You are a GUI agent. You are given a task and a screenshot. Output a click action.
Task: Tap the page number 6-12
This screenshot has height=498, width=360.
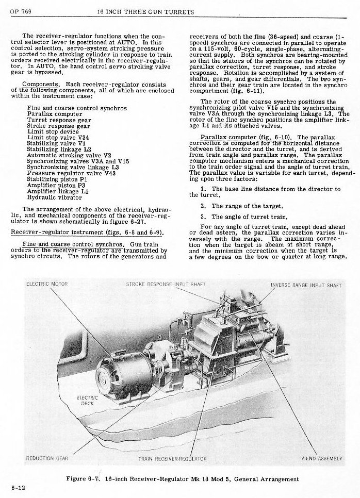[17, 487]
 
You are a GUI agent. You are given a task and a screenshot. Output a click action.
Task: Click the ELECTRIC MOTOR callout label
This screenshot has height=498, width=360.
[46, 284]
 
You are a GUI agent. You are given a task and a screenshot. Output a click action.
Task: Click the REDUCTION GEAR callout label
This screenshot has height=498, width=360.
[47, 458]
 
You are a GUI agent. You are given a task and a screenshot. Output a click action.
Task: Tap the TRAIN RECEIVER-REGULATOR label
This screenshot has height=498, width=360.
[173, 458]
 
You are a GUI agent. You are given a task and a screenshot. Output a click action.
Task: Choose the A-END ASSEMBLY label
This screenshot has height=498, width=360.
[321, 458]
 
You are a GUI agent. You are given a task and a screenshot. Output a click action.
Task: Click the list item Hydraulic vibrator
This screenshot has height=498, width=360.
[54, 197]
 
